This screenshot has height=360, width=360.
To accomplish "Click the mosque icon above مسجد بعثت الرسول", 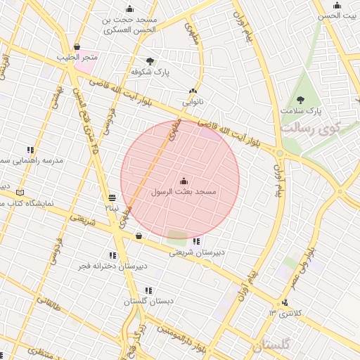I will [184, 181].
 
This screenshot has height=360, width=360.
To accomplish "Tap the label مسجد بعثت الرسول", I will [184, 191].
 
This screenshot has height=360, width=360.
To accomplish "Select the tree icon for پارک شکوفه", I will [150, 61].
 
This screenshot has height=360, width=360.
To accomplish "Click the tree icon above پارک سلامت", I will [301, 100].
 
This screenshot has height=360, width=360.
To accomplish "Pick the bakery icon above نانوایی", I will [193, 91].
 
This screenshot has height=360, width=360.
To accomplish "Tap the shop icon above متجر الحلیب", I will [76, 46].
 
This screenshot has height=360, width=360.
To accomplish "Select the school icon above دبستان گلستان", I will [148, 290].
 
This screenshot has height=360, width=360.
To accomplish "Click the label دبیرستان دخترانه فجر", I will [112, 266].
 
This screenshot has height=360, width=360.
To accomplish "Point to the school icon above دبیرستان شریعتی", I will [195, 242].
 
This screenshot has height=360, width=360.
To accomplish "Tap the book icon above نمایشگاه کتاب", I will [20, 192].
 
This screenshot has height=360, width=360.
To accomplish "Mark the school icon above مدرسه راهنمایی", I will [30, 150].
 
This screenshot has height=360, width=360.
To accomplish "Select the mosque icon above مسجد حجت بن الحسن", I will [129, 9].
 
